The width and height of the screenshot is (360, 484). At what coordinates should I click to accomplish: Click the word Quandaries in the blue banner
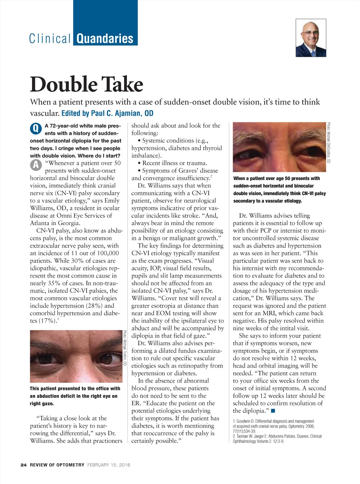(x=105, y=38)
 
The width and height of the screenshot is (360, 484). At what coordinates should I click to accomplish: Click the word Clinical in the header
(x=50, y=38)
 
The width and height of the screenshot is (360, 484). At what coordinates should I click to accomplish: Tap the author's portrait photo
(x=311, y=38)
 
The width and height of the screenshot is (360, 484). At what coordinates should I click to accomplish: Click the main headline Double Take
(x=86, y=84)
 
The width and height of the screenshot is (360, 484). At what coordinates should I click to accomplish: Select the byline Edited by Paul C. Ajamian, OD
(x=107, y=113)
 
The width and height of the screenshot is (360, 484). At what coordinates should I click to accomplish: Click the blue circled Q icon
(x=36, y=129)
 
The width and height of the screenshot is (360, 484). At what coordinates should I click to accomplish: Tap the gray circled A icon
(x=36, y=165)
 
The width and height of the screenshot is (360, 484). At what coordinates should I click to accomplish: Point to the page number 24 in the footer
(x=24, y=465)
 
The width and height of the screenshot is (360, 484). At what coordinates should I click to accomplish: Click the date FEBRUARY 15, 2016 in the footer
(x=109, y=465)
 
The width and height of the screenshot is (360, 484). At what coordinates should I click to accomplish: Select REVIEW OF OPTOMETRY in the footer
(x=57, y=465)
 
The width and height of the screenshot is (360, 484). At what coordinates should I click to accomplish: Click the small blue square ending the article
(x=273, y=411)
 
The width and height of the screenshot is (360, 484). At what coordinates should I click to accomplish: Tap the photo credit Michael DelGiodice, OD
(x=329, y=143)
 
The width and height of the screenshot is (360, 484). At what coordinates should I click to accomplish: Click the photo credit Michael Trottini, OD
(x=125, y=348)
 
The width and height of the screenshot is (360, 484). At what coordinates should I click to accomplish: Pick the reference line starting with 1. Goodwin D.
(x=273, y=421)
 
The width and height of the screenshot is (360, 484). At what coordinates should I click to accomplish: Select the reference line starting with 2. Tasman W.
(x=277, y=436)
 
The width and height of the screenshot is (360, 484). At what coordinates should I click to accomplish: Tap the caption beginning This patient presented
(x=75, y=388)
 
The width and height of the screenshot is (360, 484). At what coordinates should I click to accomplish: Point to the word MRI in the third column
(x=269, y=313)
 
